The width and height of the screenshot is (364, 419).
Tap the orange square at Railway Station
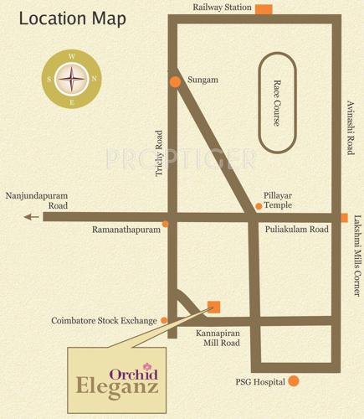click(x=264, y=9)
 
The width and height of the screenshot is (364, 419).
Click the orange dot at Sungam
click(x=175, y=81)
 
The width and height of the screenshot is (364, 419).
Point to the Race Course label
click(x=278, y=103)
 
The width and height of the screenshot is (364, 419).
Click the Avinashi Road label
click(x=351, y=126)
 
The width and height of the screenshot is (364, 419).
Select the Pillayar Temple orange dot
click(x=259, y=206)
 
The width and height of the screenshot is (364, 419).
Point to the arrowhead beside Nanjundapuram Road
click(x=30, y=217)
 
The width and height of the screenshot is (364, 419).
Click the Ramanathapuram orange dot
click(x=166, y=225)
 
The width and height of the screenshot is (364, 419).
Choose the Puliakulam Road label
click(x=295, y=228)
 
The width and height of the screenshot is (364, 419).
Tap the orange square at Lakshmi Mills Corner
click(x=343, y=218)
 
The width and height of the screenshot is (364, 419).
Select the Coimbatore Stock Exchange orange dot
click(x=164, y=320)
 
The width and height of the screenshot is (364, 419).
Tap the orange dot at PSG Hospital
click(x=294, y=381)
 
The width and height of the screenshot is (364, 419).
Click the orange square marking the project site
click(x=214, y=306)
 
